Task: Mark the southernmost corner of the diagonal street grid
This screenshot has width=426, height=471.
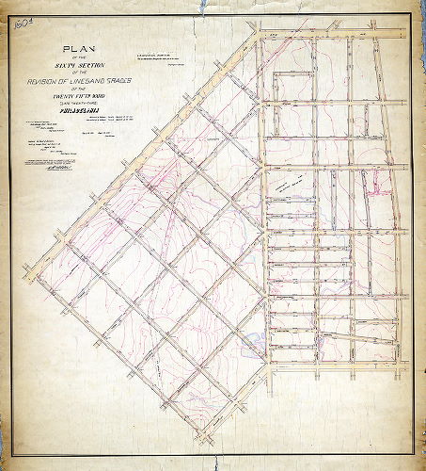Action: pyautogui.click(x=199, y=437)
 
